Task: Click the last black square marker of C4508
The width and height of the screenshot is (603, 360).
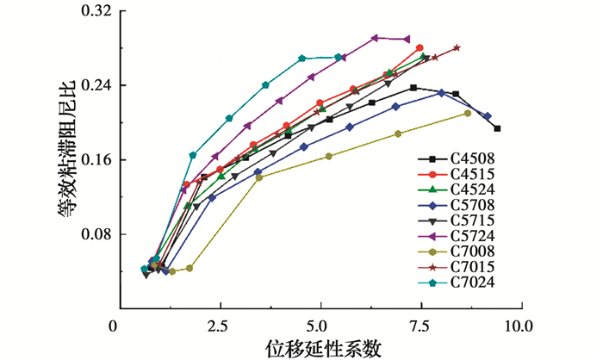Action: coord(497,128)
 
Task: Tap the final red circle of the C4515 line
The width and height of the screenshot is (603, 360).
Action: coord(420,48)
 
